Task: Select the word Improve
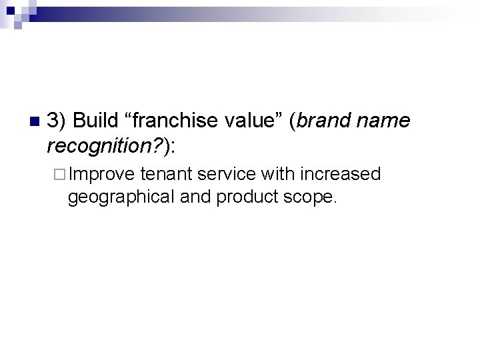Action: (x=102, y=175)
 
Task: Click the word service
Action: (x=227, y=175)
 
